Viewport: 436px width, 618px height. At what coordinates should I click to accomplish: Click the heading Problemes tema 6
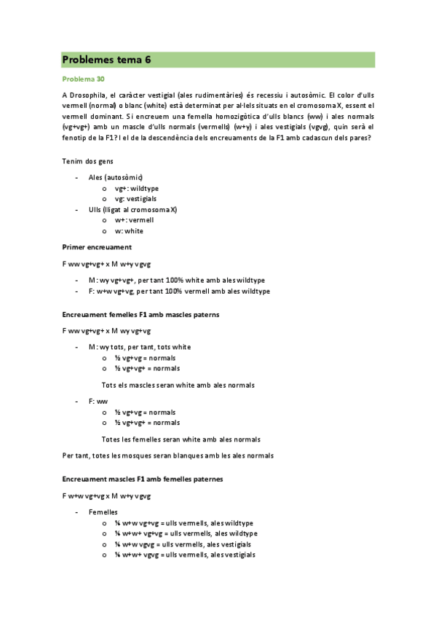coord(106,60)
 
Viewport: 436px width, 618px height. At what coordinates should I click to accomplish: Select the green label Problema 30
coord(84,79)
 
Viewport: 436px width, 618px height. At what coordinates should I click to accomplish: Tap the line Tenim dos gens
coord(87,161)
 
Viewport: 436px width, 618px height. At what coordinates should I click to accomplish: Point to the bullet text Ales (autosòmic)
coord(116,177)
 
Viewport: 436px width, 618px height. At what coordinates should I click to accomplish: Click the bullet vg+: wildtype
coord(137,188)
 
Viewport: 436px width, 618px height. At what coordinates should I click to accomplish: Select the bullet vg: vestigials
coord(135,198)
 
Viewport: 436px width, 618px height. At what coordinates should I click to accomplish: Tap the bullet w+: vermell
coord(134,220)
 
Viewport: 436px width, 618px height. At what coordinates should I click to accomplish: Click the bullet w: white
coord(129,231)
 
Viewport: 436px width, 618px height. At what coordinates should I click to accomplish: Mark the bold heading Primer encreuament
coord(97,247)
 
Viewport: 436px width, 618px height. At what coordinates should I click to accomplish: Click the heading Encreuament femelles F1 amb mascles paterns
coord(141,315)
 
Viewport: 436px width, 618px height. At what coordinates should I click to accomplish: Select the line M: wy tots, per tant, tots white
coord(140,347)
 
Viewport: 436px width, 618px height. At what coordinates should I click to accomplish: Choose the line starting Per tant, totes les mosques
coord(168,455)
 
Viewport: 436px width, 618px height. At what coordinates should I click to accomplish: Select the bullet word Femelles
coord(104,512)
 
